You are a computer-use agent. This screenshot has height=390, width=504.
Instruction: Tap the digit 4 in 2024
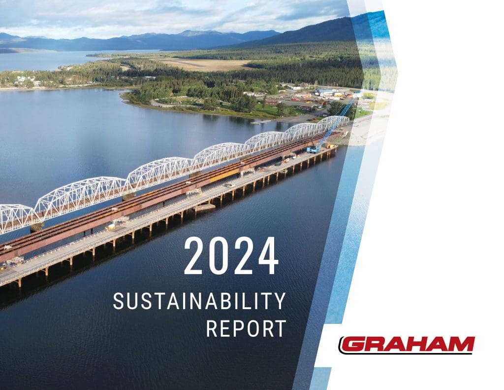point(268,256)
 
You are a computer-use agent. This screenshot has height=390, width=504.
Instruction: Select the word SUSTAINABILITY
point(199,301)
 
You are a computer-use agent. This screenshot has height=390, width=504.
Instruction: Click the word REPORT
point(246,328)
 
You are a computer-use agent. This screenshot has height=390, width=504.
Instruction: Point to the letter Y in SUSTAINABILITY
point(280,301)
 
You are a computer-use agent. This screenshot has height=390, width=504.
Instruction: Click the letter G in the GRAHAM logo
point(352,344)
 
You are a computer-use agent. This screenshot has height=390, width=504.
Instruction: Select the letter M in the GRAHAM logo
point(460,344)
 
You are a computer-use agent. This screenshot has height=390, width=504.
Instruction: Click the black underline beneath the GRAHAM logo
point(406,354)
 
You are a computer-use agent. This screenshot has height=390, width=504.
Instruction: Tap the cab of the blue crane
point(312,149)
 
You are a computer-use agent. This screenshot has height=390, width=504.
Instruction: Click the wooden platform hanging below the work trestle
point(205,207)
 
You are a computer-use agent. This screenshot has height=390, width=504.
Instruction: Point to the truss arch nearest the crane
point(333,123)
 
